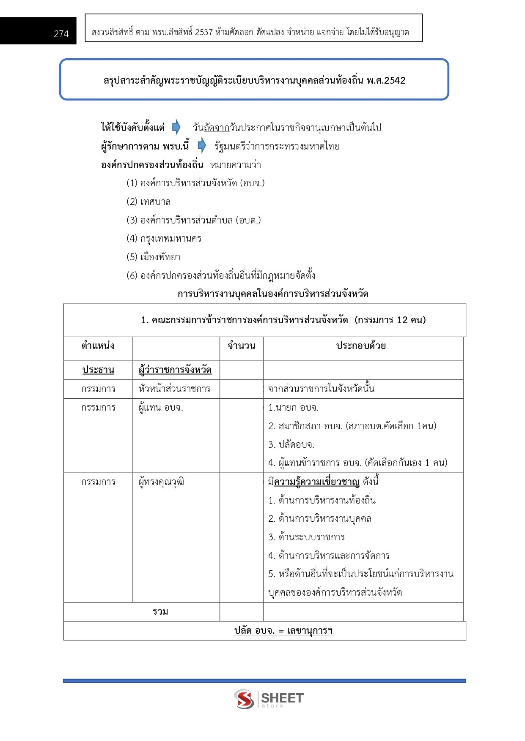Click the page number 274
61,34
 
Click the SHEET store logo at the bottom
269,699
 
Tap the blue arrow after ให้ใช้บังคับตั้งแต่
176,127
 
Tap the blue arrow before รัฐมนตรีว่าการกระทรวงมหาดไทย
202,146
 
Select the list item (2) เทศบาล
148,202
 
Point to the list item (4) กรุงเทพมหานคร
164,238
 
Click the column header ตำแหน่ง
98,346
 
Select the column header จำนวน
242,346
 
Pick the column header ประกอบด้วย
361,346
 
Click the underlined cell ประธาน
98,370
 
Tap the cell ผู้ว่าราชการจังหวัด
175,370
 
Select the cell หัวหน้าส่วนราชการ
174,389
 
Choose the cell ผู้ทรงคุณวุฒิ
161,482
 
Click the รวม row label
160,612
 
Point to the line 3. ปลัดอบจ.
291,444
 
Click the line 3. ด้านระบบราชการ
306,537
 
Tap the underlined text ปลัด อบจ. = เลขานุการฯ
283,631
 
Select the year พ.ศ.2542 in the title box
386,80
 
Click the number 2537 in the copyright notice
203,32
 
